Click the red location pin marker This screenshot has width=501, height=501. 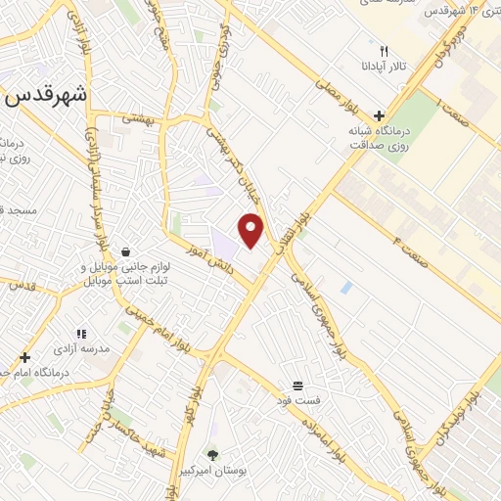251,230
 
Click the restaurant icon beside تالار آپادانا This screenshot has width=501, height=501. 385,52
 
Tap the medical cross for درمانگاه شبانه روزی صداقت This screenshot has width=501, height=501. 379,114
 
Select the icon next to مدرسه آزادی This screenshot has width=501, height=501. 82,334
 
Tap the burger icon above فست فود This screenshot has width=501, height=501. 297,385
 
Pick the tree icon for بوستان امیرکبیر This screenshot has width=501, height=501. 212,455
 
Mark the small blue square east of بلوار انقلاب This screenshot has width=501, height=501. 346,288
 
